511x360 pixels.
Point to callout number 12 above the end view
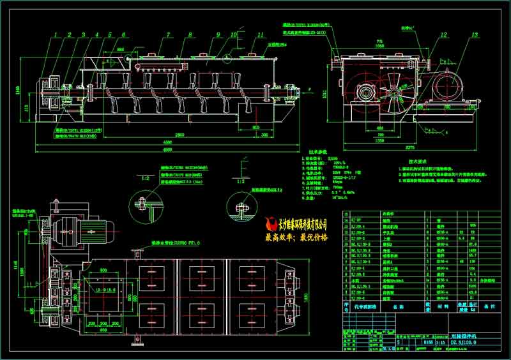(x=443, y=35)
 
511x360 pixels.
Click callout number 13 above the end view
(x=473, y=35)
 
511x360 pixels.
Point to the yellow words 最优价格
(x=312, y=237)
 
